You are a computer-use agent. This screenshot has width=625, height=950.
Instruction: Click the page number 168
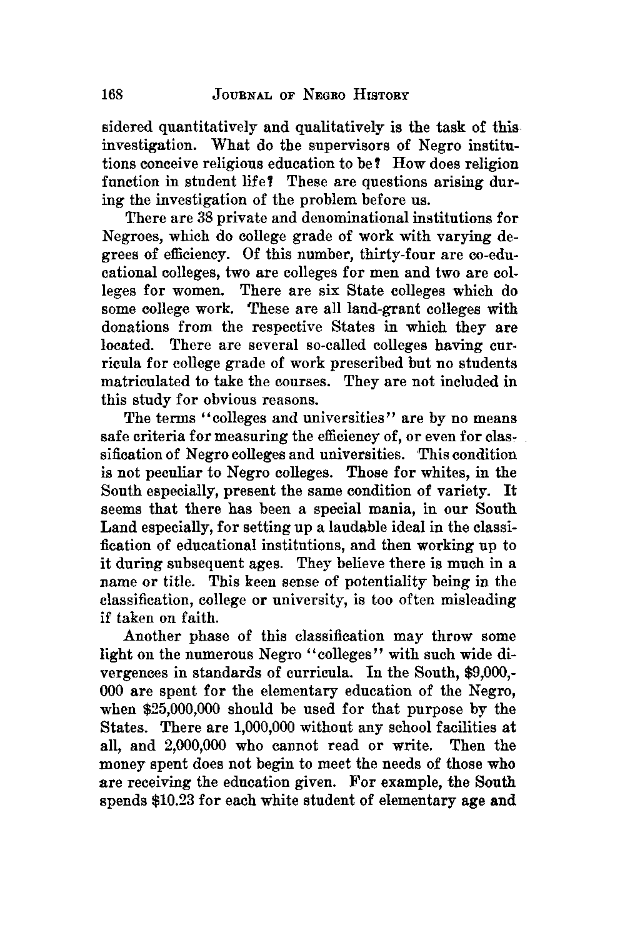[x=114, y=95]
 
